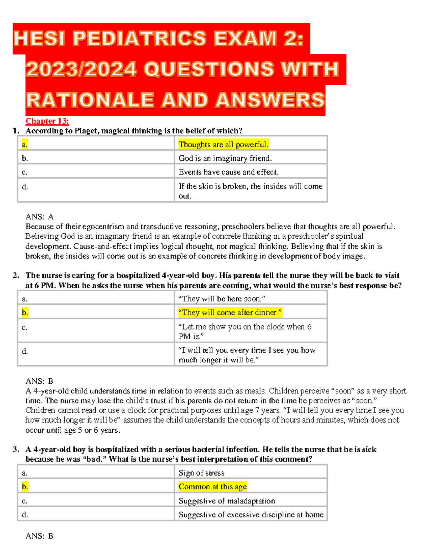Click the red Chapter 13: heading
47,121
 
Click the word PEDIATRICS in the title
139,39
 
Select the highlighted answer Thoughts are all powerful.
223,145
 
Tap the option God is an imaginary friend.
225,158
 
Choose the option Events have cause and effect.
228,172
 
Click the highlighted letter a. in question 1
25,145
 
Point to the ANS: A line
39,217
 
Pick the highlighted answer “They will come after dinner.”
230,312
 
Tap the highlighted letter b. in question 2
25,312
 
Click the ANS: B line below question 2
39,381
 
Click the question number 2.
16,275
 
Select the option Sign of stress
201,473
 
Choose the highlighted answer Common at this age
213,486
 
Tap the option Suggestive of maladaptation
227,501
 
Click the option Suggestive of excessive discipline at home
251,515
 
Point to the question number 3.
16,449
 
